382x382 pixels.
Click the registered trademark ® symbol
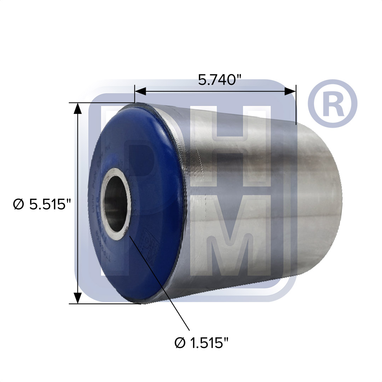coord(332,104)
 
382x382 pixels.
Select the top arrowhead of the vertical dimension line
coord(77,108)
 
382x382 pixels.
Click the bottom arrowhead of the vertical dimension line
coord(77,298)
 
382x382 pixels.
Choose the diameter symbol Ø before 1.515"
coord(180,342)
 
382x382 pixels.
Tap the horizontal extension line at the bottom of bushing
coord(106,304)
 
